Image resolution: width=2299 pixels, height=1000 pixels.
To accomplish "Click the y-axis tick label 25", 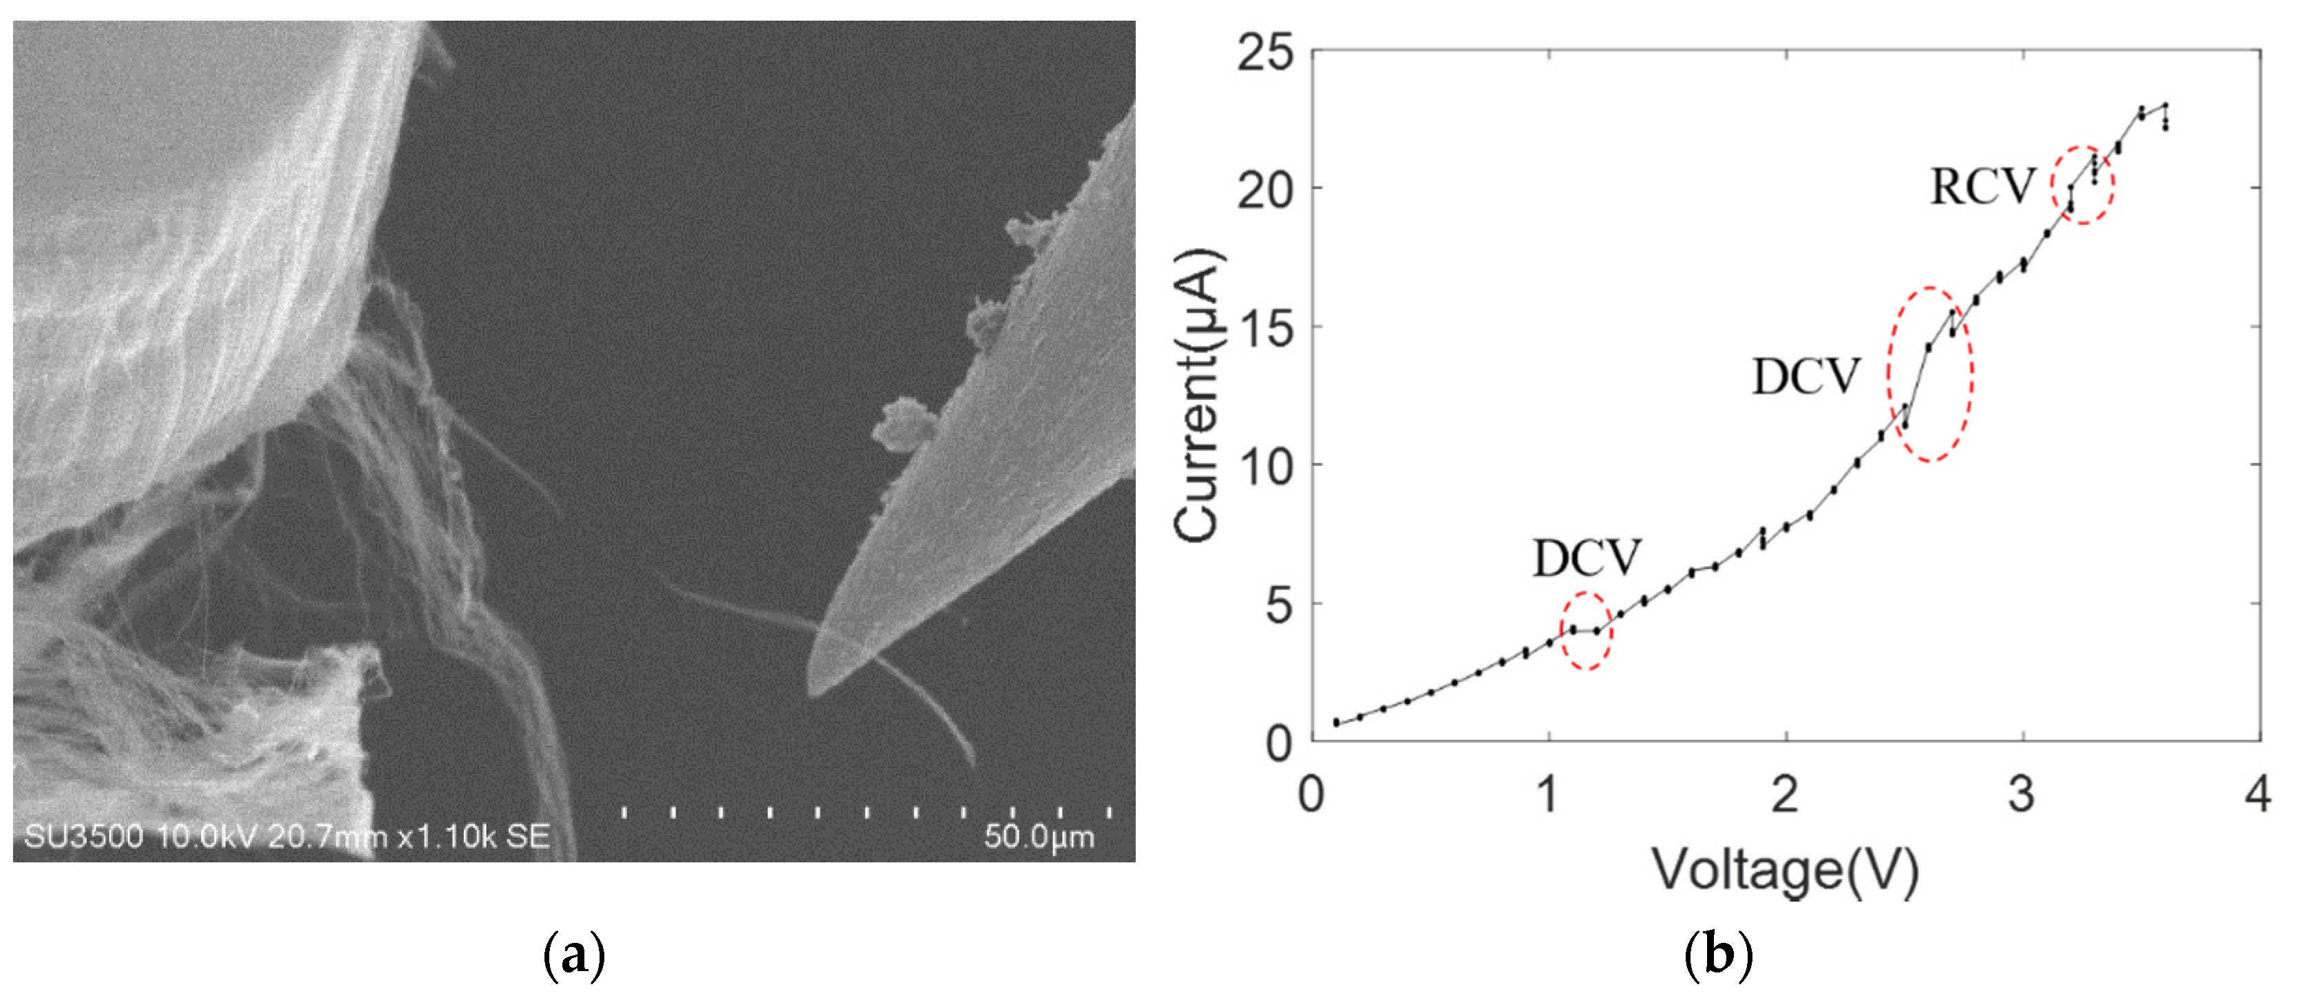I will click(1264, 54).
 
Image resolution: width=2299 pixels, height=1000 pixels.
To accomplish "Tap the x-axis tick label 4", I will click(2258, 793).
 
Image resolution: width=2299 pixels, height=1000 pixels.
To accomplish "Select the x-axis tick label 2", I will click(1784, 793).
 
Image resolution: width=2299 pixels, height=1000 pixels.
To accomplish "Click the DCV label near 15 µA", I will click(1805, 376).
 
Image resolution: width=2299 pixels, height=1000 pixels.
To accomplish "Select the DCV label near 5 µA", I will click(1586, 558).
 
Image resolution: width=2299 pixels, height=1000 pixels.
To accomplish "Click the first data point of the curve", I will click(1336, 722).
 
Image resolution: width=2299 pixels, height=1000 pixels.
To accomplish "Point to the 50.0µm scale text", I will click(1039, 837).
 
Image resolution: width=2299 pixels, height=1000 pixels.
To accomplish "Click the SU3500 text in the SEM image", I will click(83, 837).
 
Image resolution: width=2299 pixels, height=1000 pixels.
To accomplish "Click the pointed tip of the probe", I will click(810, 692).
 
